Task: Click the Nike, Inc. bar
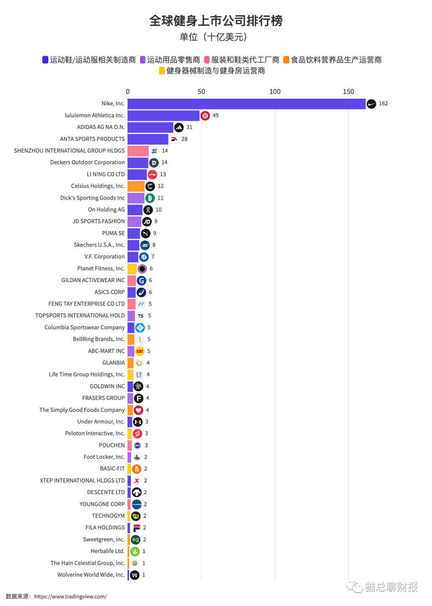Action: (246, 104)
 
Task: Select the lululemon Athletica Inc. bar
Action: (163, 116)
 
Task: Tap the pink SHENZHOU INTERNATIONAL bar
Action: (138, 151)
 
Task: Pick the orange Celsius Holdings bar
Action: (136, 186)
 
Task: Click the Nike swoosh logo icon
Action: (371, 104)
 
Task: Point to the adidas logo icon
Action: (179, 127)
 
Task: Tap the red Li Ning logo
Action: (152, 175)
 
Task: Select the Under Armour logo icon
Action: (138, 422)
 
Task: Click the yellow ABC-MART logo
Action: (140, 351)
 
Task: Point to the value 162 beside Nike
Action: (383, 104)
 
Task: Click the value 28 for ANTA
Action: (184, 139)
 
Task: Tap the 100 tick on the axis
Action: (275, 92)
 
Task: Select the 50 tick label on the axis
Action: (201, 92)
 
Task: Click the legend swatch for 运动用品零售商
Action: (143, 60)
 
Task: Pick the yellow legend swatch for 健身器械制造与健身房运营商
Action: (162, 71)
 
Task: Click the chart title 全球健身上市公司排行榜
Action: (216, 21)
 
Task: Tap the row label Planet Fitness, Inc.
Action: (101, 269)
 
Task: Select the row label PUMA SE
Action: (113, 233)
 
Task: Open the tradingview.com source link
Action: (70, 596)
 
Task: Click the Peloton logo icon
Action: (137, 433)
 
